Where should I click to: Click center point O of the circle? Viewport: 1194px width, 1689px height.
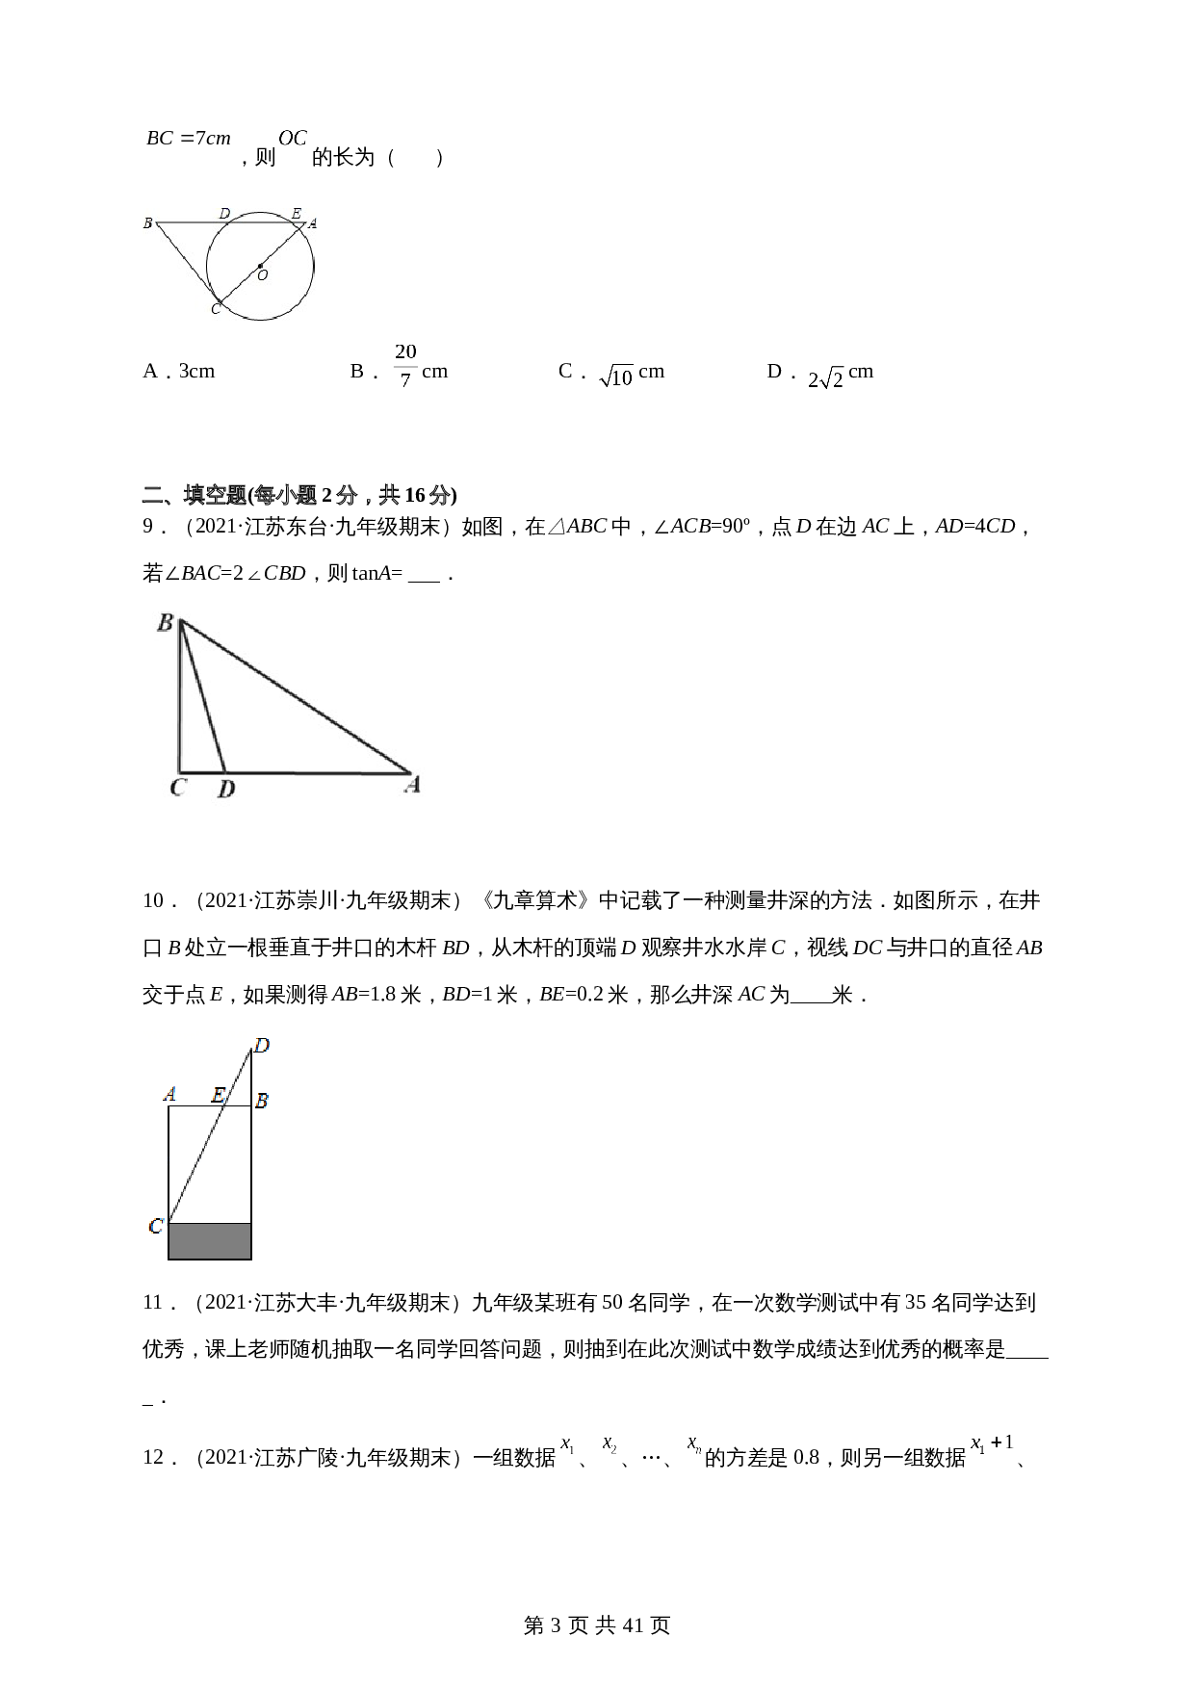(260, 266)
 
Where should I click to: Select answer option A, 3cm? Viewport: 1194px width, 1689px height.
(179, 372)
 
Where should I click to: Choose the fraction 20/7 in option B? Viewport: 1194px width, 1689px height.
(405, 365)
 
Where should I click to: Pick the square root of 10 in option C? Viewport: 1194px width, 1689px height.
(616, 376)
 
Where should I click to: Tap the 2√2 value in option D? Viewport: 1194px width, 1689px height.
(825, 377)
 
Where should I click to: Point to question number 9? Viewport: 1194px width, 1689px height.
(149, 527)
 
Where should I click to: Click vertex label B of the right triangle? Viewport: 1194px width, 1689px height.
(165, 623)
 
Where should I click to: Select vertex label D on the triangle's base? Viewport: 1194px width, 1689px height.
(226, 790)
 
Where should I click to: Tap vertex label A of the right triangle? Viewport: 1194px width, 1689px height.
(412, 786)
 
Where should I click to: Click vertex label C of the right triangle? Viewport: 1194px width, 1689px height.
(177, 788)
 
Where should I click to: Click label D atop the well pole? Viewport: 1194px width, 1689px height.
(261, 1045)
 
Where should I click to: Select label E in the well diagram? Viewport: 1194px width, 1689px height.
(219, 1095)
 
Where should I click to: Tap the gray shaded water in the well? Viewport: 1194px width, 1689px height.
(210, 1240)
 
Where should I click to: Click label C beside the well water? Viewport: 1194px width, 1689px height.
(155, 1227)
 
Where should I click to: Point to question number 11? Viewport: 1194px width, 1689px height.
(154, 1303)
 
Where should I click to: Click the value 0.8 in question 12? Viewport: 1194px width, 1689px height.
(806, 1457)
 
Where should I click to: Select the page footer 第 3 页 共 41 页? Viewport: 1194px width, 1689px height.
(597, 1625)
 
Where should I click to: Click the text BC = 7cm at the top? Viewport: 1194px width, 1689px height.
(189, 139)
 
